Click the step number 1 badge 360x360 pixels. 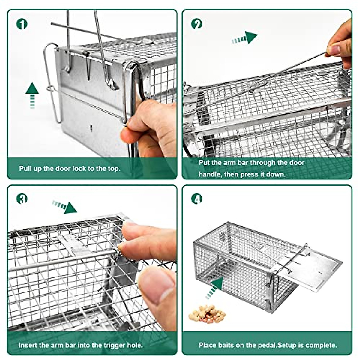(x=22, y=24)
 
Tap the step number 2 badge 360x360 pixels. (x=197, y=24)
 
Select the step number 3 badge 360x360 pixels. (x=22, y=198)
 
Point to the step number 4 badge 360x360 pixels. (x=197, y=198)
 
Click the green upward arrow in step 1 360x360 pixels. (x=32, y=94)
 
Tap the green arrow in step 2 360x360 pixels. (x=245, y=38)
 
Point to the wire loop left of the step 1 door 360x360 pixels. (x=51, y=84)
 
